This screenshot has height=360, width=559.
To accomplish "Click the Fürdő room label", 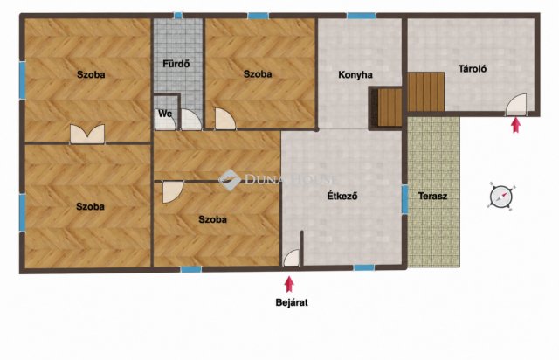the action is click(176, 64).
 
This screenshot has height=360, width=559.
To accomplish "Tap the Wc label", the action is click(165, 114).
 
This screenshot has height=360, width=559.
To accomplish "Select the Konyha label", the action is click(355, 75).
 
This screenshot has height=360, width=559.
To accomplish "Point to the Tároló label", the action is click(473, 68).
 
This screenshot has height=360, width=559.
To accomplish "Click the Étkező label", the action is click(342, 196).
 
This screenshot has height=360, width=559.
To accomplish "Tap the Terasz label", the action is click(433, 196).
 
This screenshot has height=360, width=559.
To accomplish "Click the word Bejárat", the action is click(292, 302).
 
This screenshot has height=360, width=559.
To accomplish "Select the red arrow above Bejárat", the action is click(289, 284).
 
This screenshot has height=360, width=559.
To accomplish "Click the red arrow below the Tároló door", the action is click(515, 125).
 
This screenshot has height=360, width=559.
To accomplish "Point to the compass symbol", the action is click(501, 197).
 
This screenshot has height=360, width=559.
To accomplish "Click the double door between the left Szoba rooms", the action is click(87, 134).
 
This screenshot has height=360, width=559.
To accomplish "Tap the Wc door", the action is click(165, 121).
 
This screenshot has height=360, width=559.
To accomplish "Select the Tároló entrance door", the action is click(516, 105).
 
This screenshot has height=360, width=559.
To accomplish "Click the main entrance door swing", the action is click(291, 258).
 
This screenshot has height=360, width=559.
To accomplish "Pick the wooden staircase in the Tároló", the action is click(426, 92).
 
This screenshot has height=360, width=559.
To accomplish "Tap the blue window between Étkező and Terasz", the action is click(405, 199).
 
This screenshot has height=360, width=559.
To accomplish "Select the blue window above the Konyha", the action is click(361, 16).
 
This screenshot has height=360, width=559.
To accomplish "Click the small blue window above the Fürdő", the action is click(178, 16).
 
